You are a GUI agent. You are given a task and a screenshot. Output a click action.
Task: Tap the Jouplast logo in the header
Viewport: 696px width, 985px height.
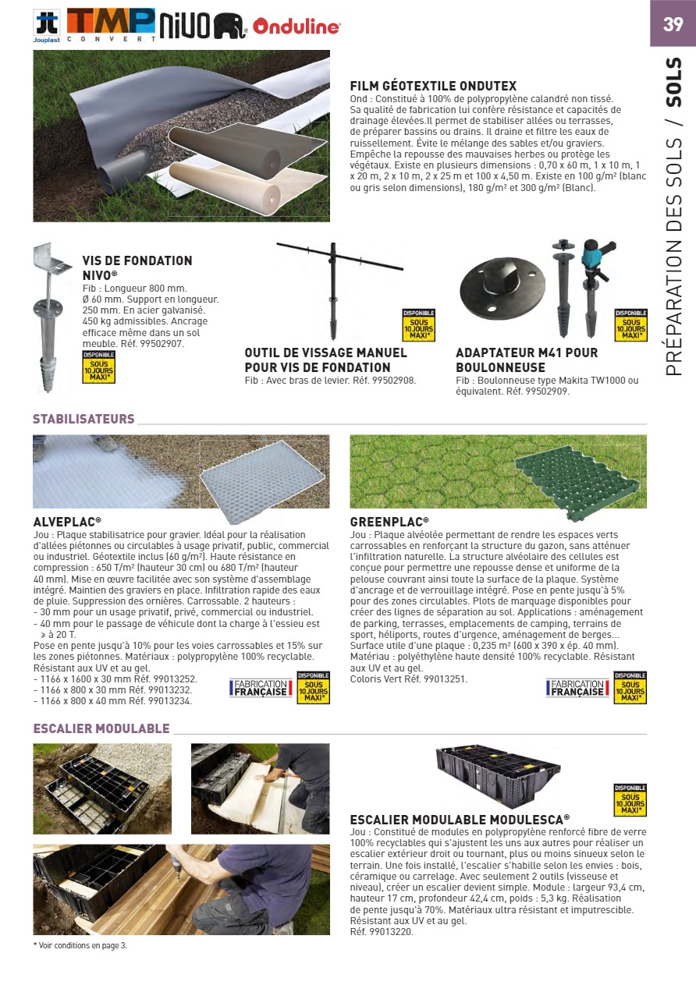coord(47,27)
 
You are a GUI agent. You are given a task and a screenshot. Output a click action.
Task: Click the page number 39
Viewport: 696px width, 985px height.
coord(673,24)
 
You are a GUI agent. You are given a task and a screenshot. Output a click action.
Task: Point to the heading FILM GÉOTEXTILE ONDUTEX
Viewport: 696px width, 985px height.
coord(433,87)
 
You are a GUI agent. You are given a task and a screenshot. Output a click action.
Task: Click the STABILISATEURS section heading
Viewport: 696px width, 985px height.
coord(83,420)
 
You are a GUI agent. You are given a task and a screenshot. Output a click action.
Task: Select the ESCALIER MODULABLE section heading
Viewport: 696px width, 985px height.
coord(101,728)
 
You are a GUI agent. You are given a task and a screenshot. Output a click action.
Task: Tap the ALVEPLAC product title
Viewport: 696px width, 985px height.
coord(67,522)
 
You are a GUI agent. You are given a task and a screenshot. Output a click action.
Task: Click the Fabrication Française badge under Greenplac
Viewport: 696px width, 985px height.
coord(577,688)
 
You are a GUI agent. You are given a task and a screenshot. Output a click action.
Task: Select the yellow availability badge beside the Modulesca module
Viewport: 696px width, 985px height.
coord(630,800)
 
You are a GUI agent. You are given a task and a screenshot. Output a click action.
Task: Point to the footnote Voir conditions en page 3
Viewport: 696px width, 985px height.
coord(81,945)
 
